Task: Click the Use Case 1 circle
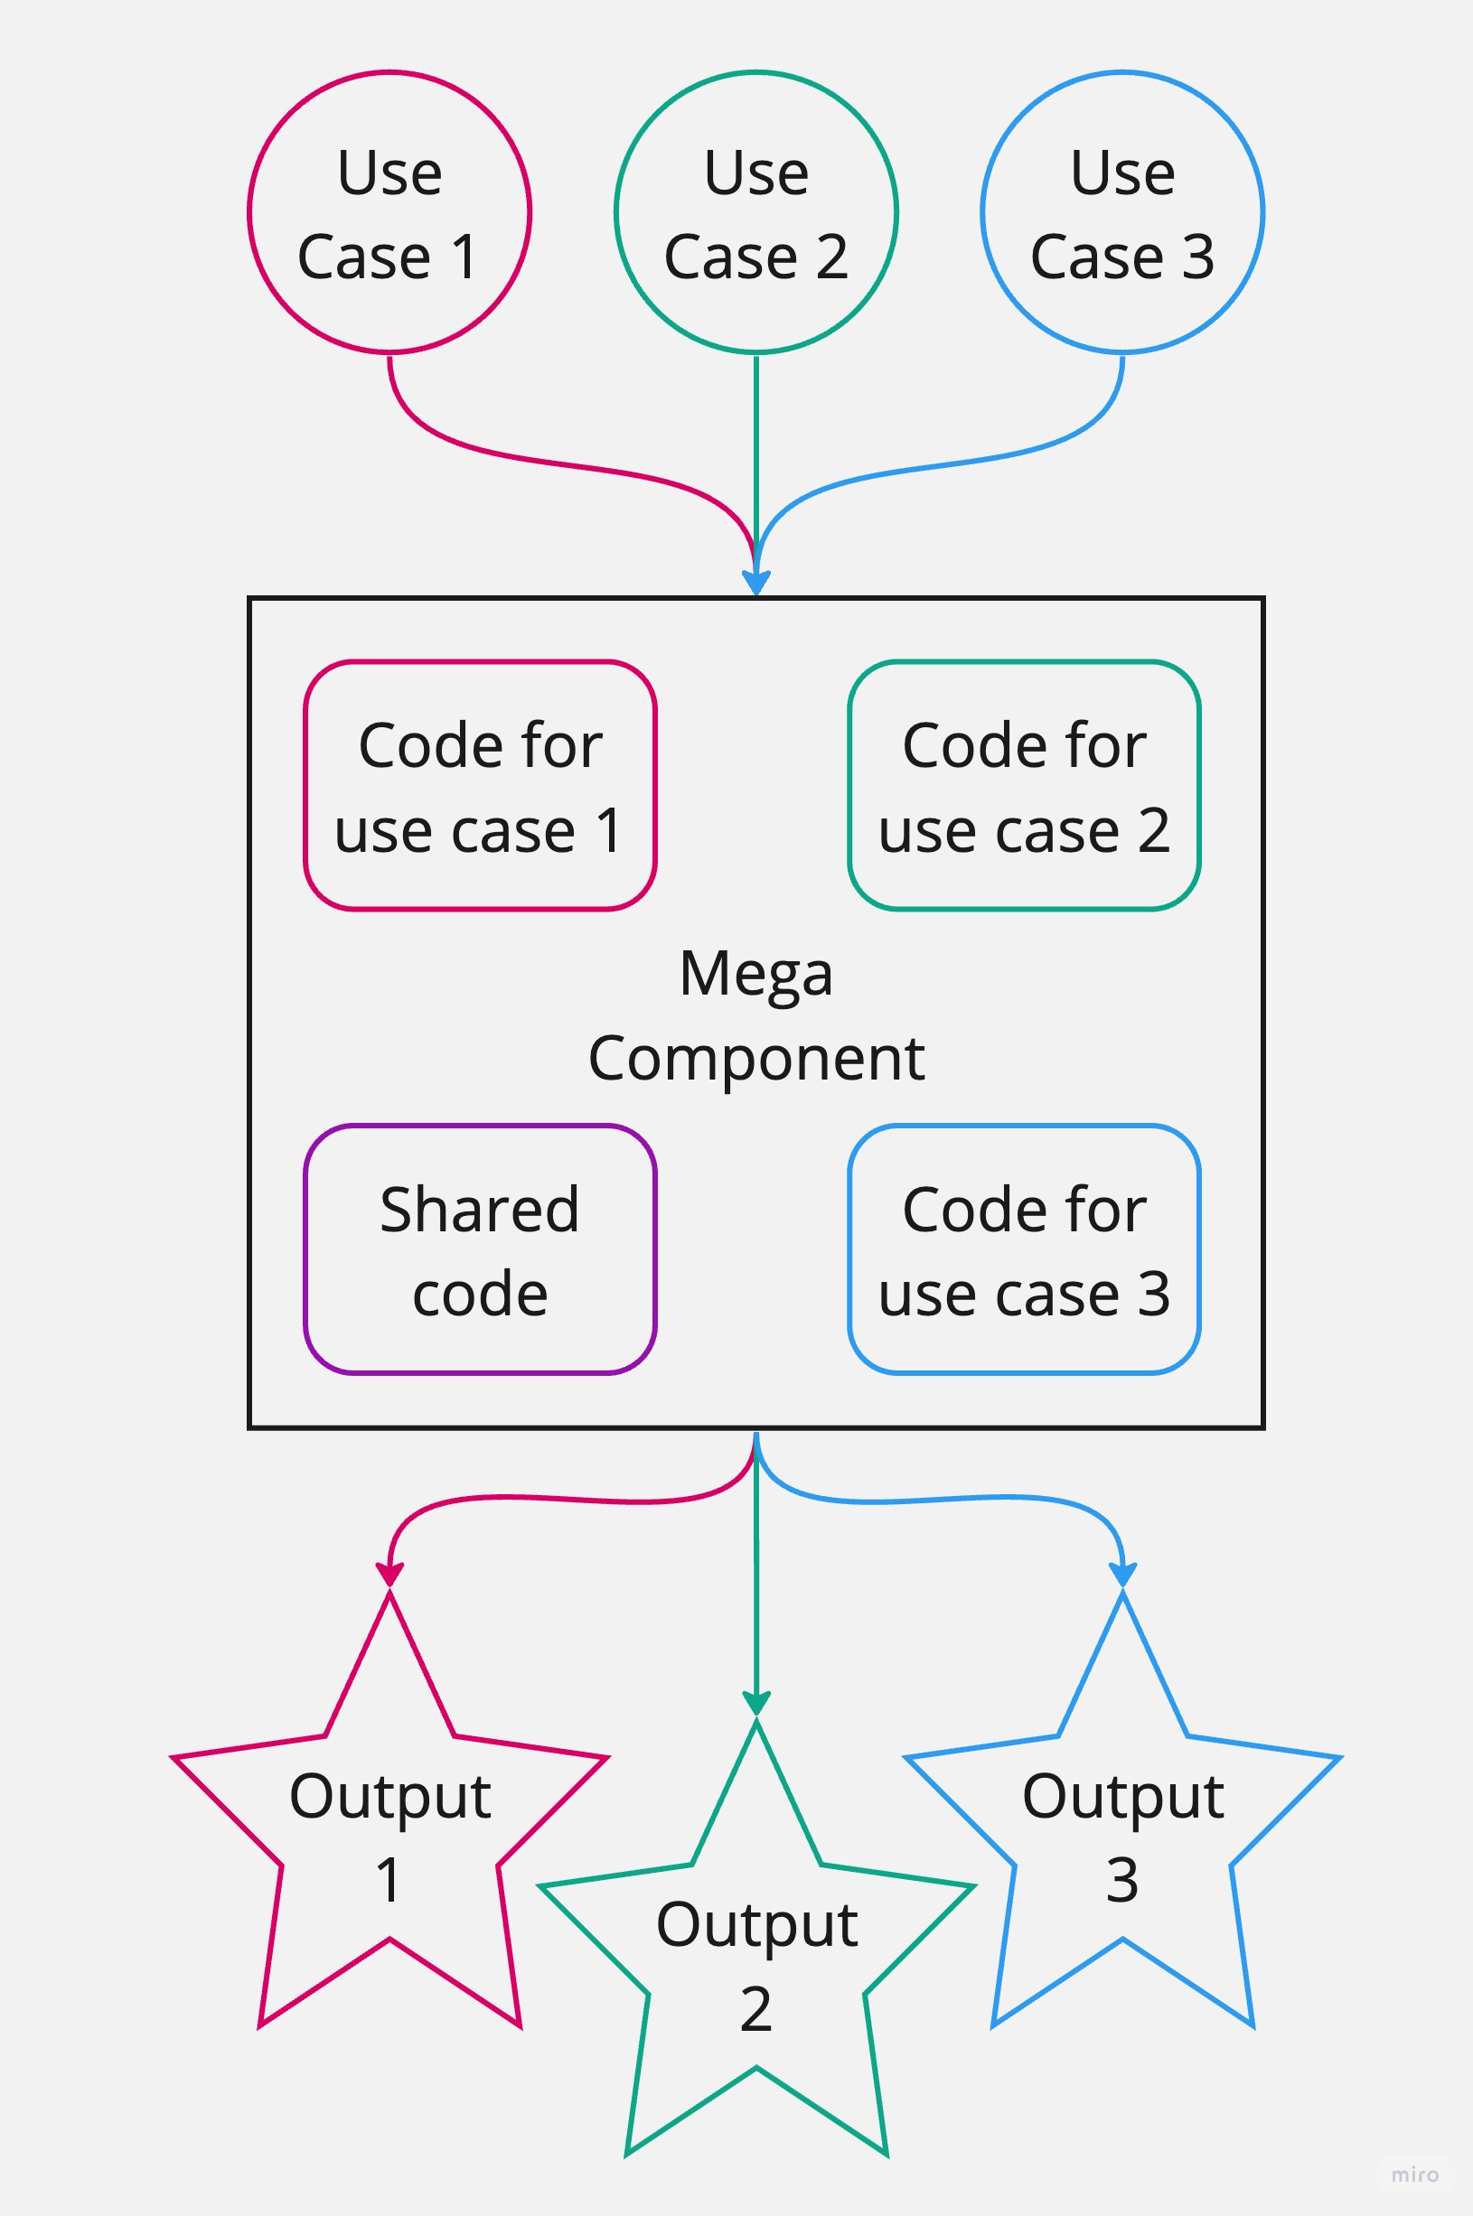click(389, 212)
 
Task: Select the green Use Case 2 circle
click(756, 212)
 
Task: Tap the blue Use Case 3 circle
click(1122, 212)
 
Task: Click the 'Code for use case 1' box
click(479, 785)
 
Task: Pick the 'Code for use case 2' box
click(1024, 785)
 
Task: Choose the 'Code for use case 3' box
click(1024, 1248)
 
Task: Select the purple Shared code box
click(479, 1248)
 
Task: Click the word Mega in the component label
click(756, 974)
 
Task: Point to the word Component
click(756, 1058)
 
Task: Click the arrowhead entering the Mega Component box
click(756, 583)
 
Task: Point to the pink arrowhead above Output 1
click(389, 1575)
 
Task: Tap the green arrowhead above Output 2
click(756, 1703)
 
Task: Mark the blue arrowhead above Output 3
click(1122, 1575)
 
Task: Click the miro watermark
click(1415, 2174)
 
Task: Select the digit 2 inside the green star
click(756, 2009)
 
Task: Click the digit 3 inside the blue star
click(1122, 1881)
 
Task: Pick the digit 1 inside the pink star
click(389, 1881)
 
